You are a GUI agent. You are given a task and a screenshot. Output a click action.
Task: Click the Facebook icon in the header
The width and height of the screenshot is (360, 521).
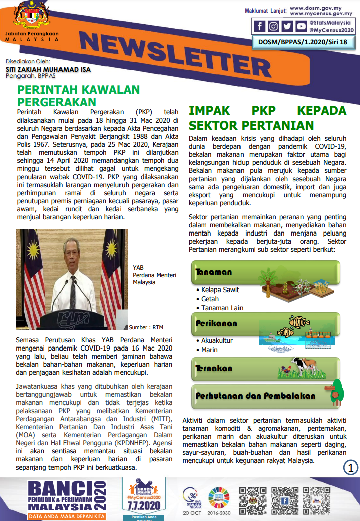(x=260, y=26)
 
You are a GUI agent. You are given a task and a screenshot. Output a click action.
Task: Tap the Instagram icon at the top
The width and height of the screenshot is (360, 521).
(x=273, y=26)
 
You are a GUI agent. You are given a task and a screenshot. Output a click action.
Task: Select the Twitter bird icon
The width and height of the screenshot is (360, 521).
(x=287, y=26)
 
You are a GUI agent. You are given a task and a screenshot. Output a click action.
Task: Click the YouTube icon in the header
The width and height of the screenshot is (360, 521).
(x=301, y=26)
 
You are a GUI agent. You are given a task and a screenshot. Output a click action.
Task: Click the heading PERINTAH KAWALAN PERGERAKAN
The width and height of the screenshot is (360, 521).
(x=78, y=96)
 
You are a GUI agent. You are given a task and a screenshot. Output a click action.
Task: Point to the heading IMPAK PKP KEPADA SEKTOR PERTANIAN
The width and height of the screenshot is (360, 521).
(x=267, y=118)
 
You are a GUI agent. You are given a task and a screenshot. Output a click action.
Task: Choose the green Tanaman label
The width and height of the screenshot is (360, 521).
(x=214, y=272)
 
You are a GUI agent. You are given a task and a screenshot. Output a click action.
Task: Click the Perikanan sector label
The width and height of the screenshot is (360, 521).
(x=216, y=323)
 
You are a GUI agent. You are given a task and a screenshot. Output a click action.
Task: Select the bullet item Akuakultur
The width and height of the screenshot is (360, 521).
(x=217, y=340)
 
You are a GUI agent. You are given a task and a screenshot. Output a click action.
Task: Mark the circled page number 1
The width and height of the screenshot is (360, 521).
(x=350, y=467)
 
